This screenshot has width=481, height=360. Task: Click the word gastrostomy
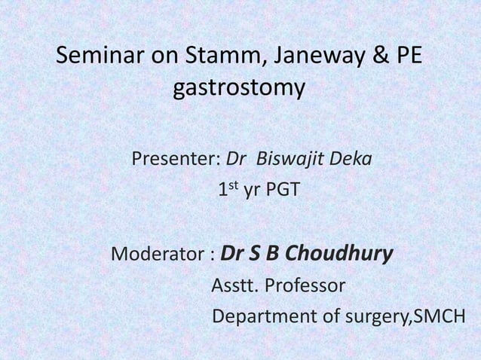pyautogui.click(x=240, y=90)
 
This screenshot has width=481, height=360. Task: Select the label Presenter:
pyautogui.click(x=176, y=160)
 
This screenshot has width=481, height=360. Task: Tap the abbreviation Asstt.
pyautogui.click(x=237, y=286)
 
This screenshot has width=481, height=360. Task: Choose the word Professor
pyautogui.click(x=306, y=286)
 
